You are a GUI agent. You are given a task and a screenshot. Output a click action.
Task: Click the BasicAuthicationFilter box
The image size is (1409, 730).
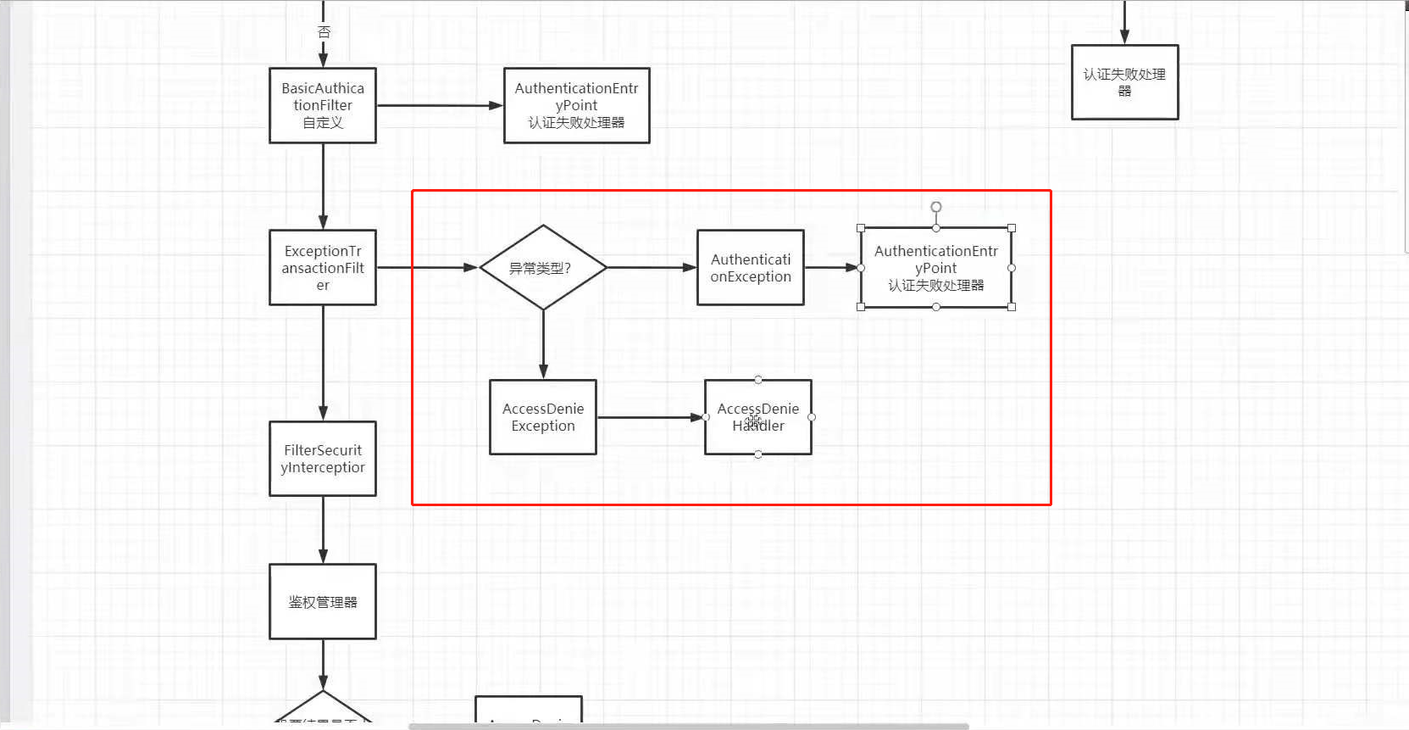point(323,106)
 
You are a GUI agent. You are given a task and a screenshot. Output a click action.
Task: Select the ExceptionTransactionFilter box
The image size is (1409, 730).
point(323,268)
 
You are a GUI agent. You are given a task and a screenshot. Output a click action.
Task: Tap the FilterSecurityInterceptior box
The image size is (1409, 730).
point(323,459)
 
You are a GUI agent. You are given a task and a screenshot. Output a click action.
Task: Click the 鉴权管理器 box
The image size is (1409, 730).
point(323,602)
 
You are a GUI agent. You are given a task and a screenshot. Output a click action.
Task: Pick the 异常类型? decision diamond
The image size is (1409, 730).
point(543,268)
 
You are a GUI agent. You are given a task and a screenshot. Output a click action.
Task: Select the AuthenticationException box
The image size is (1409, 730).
point(751,268)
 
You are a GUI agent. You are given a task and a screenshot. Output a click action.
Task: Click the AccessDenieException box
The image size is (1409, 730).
point(543,417)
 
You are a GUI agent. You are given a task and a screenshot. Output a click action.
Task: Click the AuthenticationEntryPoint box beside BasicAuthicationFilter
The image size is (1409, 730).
point(577,106)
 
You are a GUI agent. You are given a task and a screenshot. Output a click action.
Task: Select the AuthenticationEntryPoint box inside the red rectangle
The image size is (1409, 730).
point(936,268)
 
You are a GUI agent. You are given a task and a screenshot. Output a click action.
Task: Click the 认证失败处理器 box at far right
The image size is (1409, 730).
point(1125,82)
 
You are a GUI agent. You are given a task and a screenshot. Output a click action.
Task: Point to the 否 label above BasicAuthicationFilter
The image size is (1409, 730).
point(324,32)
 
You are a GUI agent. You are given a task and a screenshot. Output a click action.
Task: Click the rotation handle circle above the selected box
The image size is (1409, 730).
point(936,207)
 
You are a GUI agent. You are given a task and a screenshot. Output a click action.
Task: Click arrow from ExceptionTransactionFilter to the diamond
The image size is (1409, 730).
point(427,268)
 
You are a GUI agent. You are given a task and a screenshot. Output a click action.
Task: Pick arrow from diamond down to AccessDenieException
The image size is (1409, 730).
point(543,343)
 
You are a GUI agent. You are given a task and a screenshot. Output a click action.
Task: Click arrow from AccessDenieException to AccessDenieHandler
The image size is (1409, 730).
point(650,417)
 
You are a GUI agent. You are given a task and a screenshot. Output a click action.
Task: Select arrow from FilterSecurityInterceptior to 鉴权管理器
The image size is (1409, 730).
point(323,530)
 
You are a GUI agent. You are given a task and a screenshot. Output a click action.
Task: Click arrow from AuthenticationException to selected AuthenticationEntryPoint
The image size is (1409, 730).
point(831,268)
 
